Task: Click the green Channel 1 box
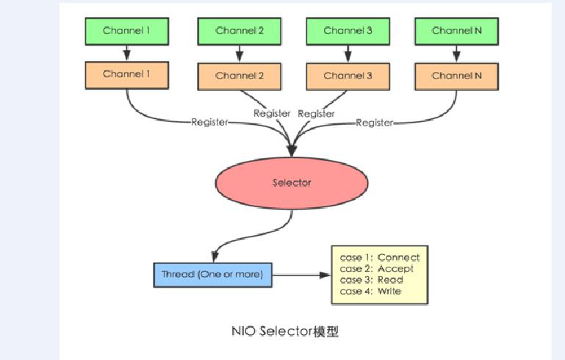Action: (127, 30)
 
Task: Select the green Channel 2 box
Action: (240, 31)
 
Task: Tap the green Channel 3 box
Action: (348, 31)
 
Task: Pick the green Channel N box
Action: (456, 31)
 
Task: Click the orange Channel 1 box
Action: (127, 74)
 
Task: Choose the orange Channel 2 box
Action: (240, 76)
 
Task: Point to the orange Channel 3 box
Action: (348, 76)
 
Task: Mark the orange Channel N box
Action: (456, 76)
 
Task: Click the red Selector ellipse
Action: (292, 182)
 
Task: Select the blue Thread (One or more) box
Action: (212, 275)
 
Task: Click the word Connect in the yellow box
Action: (398, 257)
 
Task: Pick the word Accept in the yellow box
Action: (395, 269)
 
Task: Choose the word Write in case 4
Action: (389, 292)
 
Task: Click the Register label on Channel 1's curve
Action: (209, 123)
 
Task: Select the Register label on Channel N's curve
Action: (375, 123)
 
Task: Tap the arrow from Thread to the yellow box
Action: (301, 276)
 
